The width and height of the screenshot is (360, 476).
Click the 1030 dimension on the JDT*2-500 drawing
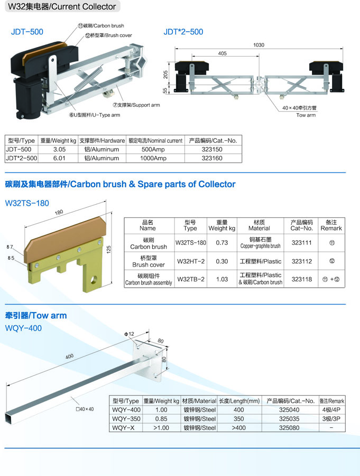tap(259, 45)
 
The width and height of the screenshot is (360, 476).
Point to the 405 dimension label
tap(222, 53)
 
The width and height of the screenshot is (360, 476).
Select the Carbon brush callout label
tap(101, 26)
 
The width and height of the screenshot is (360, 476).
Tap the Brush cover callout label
tap(108, 35)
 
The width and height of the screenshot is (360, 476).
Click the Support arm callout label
tap(136, 105)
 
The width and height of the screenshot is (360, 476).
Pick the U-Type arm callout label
tap(95, 115)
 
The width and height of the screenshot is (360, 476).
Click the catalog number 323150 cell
tap(212, 149)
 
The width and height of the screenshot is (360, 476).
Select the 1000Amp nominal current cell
tap(153, 158)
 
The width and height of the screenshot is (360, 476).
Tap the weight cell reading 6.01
tap(59, 158)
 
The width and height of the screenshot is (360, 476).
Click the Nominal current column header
tap(155, 141)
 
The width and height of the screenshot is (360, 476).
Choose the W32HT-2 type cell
tap(191, 261)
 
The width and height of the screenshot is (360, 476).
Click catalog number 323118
tap(301, 279)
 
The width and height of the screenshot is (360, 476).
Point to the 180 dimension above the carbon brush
tap(59, 212)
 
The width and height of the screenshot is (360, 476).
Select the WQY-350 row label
tap(126, 419)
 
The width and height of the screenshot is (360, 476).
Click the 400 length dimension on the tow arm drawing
tap(69, 356)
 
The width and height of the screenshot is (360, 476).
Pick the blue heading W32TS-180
tap(27, 203)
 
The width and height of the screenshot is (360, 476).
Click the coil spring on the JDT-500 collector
tap(88, 78)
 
